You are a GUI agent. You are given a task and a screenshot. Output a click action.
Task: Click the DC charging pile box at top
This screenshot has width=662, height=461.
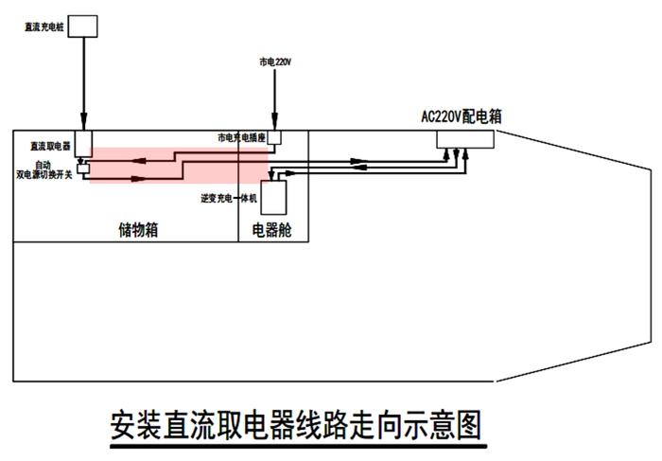tap(84, 26)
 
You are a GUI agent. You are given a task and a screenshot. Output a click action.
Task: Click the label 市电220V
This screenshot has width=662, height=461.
tap(275, 62)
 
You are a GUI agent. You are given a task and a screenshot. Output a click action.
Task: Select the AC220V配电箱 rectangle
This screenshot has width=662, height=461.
tap(465, 138)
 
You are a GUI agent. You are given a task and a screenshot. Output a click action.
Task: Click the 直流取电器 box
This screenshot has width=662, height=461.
tap(83, 143)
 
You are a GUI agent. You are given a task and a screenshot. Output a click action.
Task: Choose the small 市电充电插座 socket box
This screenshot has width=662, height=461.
tap(274, 138)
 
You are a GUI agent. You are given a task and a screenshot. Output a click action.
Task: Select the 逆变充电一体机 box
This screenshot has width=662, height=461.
tap(273, 197)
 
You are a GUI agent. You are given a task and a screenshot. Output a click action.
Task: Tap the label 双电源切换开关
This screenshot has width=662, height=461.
tap(44, 174)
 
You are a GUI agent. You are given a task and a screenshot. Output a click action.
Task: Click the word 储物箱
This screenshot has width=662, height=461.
tap(138, 229)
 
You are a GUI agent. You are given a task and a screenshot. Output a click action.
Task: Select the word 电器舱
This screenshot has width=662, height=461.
tap(272, 229)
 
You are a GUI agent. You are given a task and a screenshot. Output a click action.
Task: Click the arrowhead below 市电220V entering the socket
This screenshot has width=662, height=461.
tap(274, 125)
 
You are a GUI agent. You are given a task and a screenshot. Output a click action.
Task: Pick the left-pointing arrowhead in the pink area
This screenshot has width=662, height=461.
tap(139, 161)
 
